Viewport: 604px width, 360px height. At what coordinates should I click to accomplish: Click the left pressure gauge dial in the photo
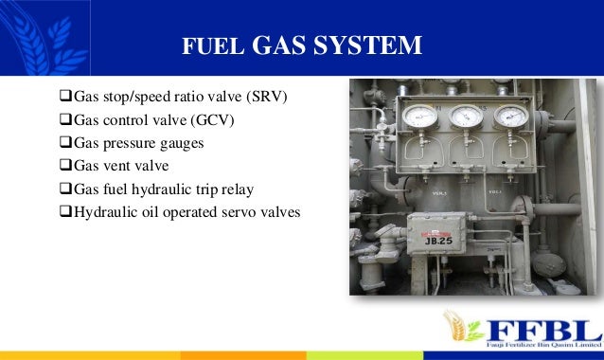(x=414, y=117)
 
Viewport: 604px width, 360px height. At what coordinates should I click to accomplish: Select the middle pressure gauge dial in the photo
(x=463, y=117)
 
